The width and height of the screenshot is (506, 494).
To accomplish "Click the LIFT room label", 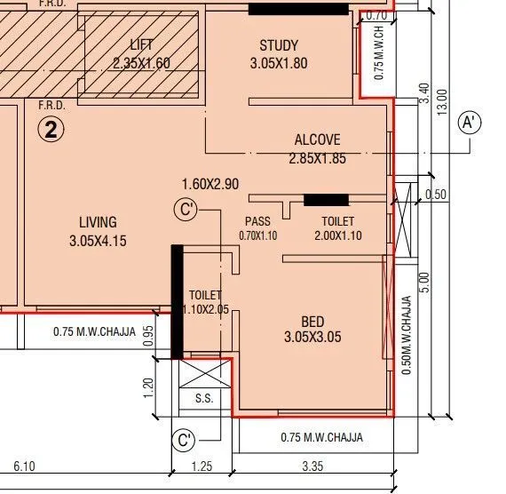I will click(141, 45).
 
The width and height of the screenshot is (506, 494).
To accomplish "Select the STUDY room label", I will click(279, 46).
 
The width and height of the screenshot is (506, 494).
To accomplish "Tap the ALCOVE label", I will click(317, 140).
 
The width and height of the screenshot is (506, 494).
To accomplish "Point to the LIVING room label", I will click(98, 222).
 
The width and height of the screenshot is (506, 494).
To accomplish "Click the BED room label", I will click(312, 322).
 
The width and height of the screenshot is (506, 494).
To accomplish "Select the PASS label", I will click(257, 221).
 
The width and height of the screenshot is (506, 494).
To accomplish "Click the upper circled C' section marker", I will click(186, 210).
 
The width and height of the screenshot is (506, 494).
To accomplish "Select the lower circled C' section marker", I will click(185, 439).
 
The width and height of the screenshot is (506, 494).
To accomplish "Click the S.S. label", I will click(204, 399).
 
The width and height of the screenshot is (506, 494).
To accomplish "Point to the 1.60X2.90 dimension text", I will click(210, 184).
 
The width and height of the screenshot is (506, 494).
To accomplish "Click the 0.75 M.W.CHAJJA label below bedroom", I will click(321, 437).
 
